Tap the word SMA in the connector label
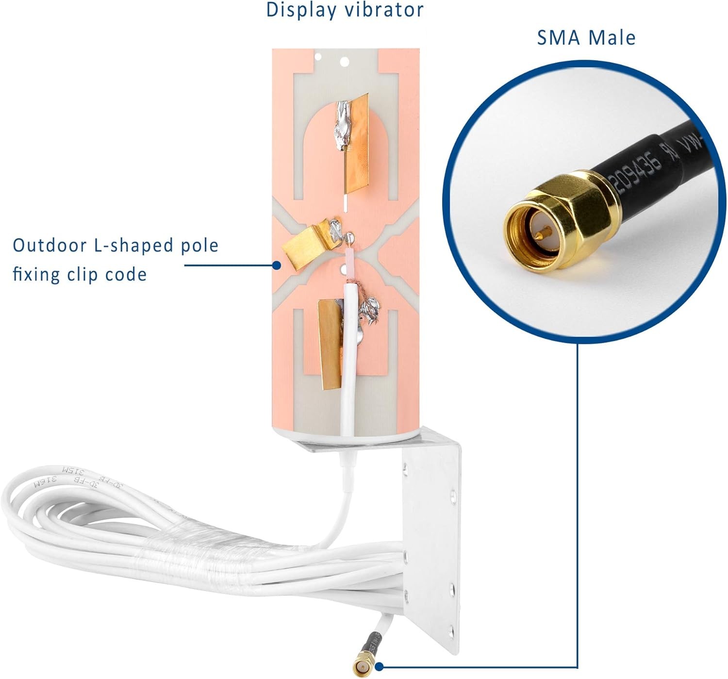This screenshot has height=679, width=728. (558, 38)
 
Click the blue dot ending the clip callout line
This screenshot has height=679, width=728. (276, 265)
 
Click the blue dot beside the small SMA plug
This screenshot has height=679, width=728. (380, 667)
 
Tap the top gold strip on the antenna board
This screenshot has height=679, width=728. (357, 146)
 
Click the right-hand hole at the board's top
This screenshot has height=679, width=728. (345, 62)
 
